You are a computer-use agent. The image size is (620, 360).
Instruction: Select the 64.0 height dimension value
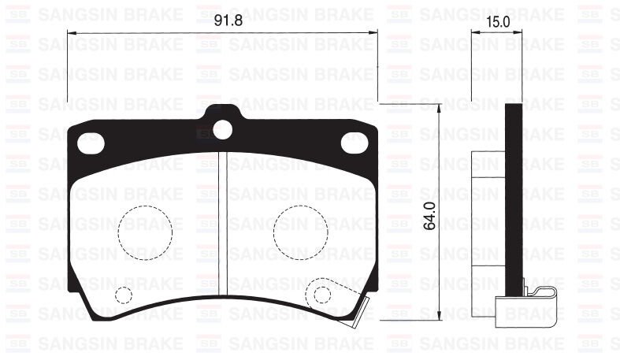pyautogui.click(x=429, y=213)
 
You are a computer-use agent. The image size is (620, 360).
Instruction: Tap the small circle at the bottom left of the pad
pyautogui.click(x=123, y=295)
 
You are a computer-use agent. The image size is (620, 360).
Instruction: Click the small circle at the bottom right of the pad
pyautogui.click(x=322, y=294)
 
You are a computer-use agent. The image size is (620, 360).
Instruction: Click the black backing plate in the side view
pyautogui.click(x=513, y=197)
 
